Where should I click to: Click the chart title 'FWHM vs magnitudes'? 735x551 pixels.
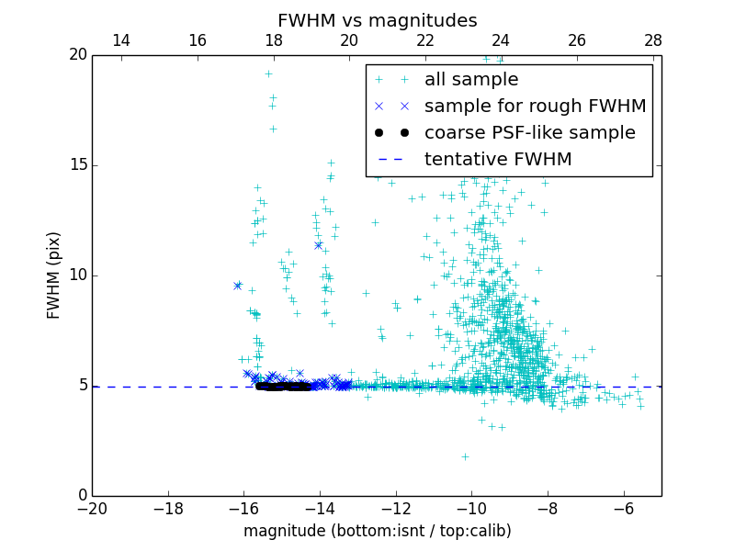click(377, 20)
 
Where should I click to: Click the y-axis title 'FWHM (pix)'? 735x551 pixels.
click(54, 275)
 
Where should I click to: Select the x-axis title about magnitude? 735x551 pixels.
click(377, 531)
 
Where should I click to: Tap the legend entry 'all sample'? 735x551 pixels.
click(471, 80)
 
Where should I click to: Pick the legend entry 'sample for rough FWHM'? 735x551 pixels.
click(535, 107)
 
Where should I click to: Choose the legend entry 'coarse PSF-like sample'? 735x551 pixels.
click(529, 133)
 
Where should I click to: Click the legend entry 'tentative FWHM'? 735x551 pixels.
click(498, 160)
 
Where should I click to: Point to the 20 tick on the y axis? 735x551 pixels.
click(77, 55)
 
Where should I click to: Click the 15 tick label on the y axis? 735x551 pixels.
click(77, 165)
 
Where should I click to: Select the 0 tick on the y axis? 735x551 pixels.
click(82, 496)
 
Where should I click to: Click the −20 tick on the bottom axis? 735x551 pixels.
click(92, 509)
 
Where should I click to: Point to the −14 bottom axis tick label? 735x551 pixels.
click(320, 509)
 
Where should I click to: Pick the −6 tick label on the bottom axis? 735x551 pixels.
click(623, 509)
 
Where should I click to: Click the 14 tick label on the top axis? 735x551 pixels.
click(120, 40)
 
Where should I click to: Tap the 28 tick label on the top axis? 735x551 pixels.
click(653, 40)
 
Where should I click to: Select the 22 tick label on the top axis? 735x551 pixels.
click(425, 40)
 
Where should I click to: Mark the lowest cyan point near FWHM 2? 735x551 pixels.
click(465, 456)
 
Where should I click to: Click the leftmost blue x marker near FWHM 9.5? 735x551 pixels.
click(238, 286)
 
